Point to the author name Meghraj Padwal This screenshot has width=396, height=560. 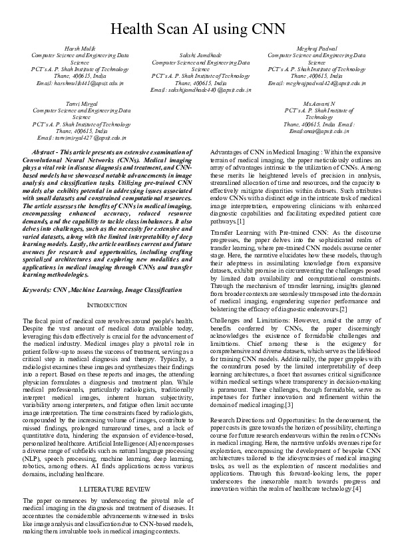(x=316, y=49)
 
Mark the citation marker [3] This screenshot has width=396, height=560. (x=289, y=386)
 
